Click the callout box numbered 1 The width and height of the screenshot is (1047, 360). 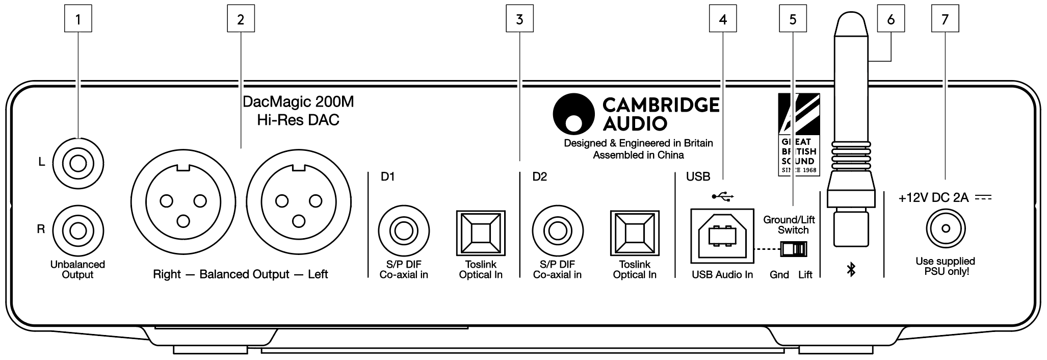pos(78,19)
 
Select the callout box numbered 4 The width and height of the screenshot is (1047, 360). pos(722,19)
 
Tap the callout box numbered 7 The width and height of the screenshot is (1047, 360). pos(945,19)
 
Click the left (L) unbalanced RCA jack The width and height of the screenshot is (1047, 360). pos(77,165)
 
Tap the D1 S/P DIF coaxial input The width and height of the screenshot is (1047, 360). pos(403,231)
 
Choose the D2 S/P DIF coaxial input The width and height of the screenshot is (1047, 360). pos(557,231)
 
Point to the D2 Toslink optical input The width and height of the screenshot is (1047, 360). pos(635,234)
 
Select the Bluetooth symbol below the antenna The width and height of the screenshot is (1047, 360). pos(850,270)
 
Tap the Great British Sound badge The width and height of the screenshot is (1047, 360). pos(799,135)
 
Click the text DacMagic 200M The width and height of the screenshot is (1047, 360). pos(298,102)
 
